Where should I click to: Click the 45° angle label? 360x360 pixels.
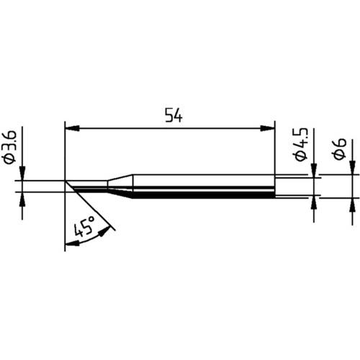point(84,231)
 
